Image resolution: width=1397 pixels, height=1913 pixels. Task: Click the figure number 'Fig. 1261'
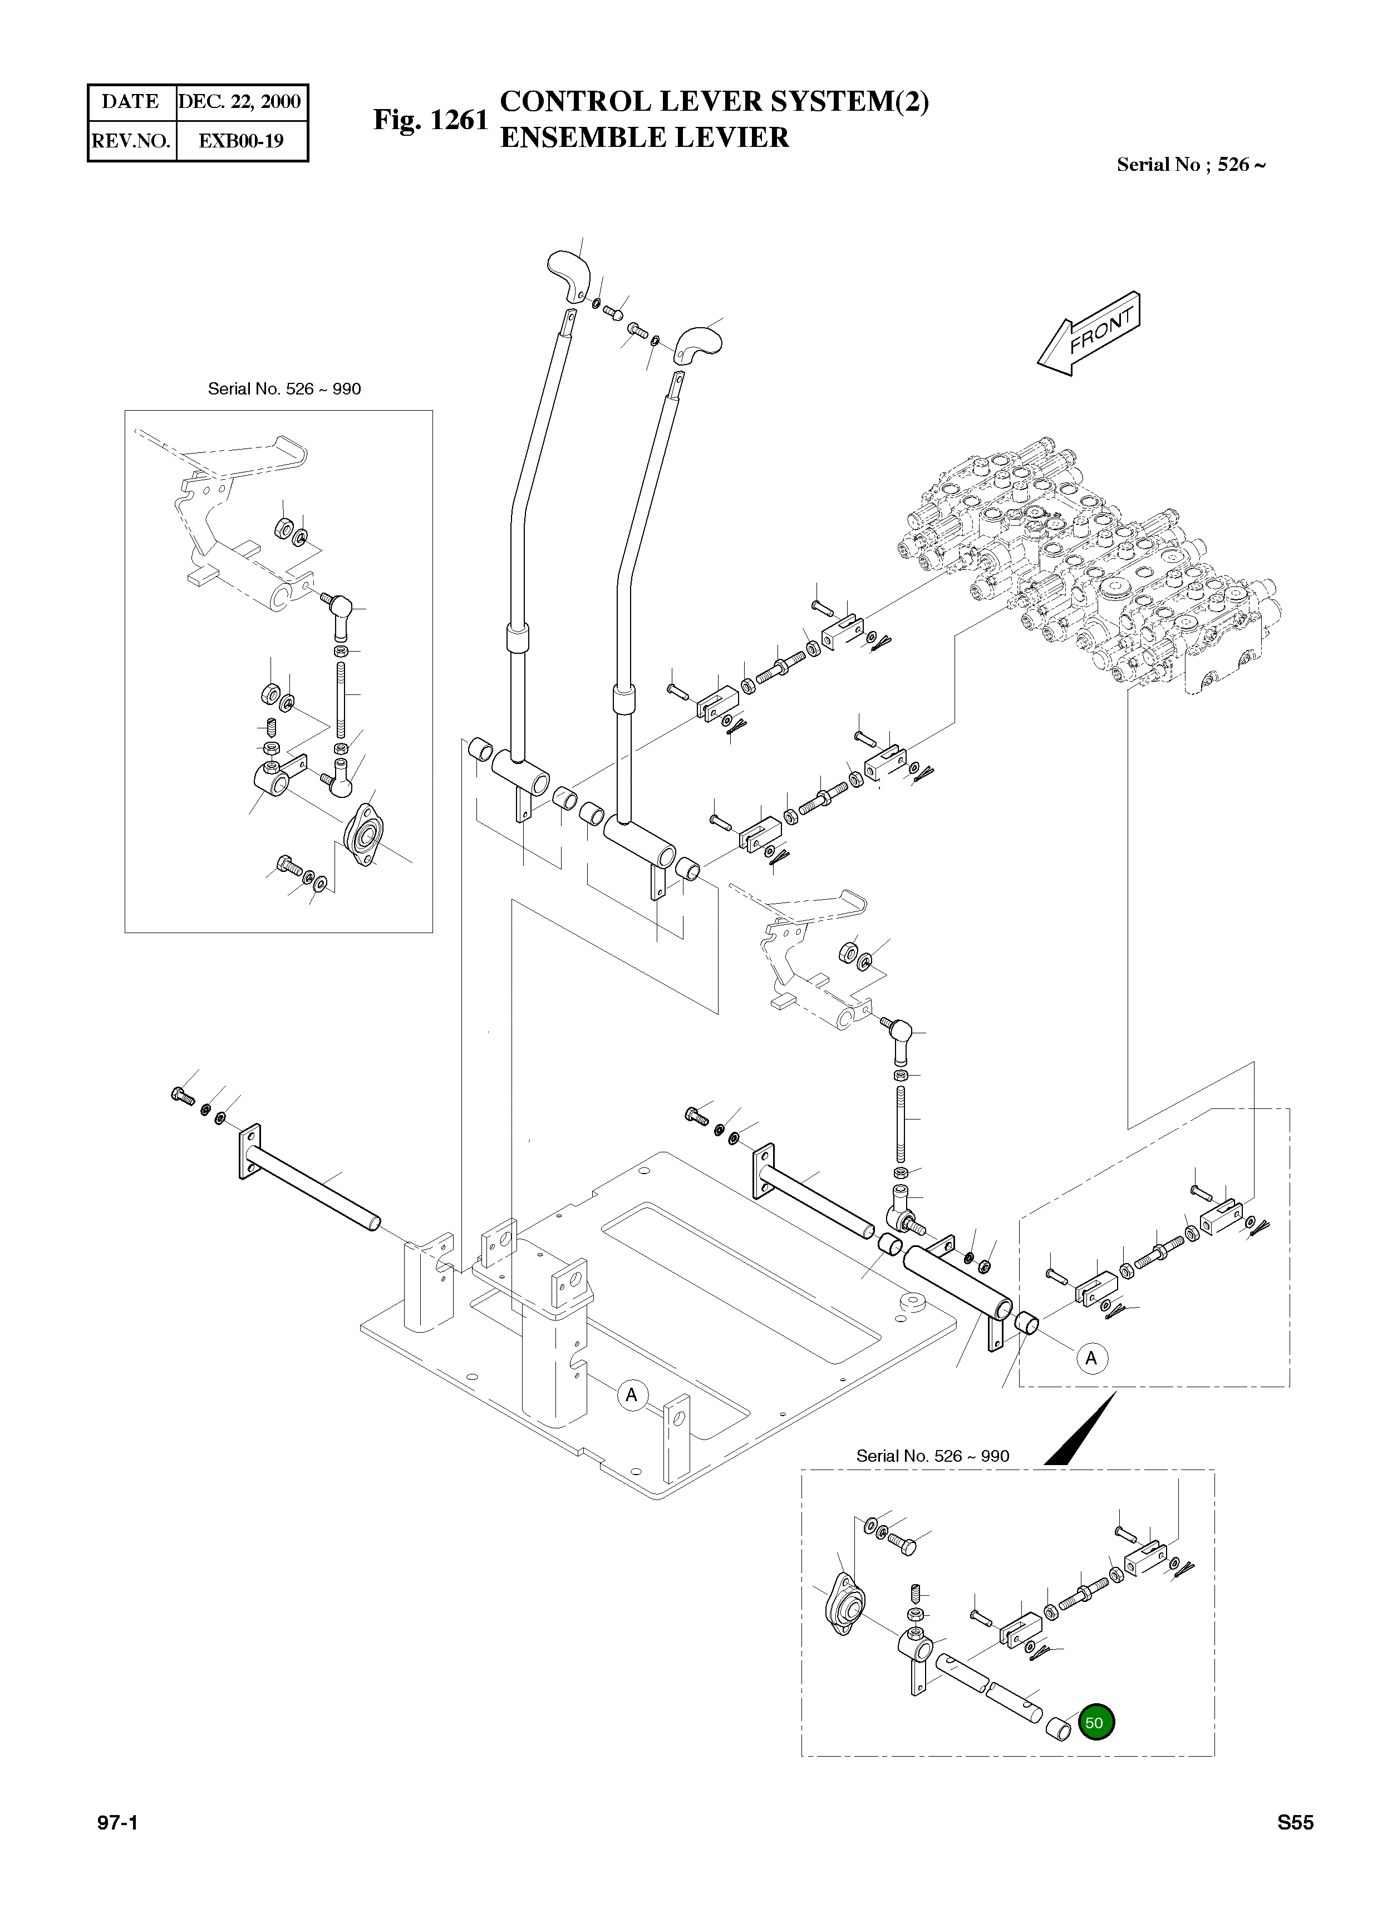[x=430, y=120]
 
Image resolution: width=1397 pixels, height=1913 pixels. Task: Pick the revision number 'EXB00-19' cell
[x=240, y=140]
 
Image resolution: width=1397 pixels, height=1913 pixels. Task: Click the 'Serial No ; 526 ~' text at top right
[x=1191, y=165]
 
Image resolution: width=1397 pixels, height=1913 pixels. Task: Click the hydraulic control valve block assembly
[x=1091, y=566]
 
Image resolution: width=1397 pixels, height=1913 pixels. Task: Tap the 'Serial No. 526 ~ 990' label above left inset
[x=284, y=389]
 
